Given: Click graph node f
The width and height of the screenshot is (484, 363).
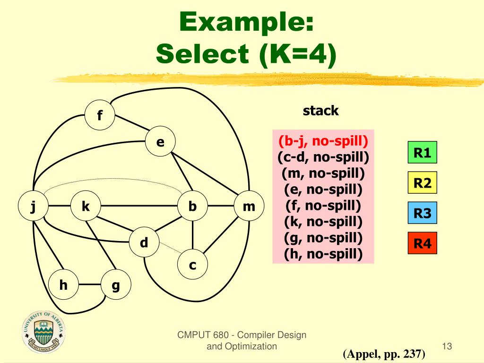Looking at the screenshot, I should pyautogui.click(x=100, y=115).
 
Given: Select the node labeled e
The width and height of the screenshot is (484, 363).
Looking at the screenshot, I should pyautogui.click(x=160, y=141).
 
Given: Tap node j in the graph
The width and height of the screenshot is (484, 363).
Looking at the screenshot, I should pyautogui.click(x=33, y=207).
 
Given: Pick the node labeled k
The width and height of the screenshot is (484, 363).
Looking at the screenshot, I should pyautogui.click(x=86, y=207).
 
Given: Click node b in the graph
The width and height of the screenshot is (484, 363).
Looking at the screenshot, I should pyautogui.click(x=192, y=207).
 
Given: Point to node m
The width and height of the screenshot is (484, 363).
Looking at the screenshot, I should pyautogui.click(x=249, y=207).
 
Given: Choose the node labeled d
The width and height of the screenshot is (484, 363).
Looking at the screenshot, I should pyautogui.click(x=144, y=243).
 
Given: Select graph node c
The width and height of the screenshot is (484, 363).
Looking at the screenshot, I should pyautogui.click(x=192, y=265).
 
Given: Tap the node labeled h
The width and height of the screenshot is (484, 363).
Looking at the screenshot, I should pyautogui.click(x=63, y=285).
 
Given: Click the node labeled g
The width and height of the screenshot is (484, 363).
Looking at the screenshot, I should pyautogui.click(x=116, y=285).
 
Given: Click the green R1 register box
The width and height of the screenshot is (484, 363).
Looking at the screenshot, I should pyautogui.click(x=423, y=153).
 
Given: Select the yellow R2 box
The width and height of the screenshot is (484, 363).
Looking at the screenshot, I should pyautogui.click(x=423, y=182).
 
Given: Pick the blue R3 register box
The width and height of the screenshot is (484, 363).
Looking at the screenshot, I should pyautogui.click(x=423, y=213).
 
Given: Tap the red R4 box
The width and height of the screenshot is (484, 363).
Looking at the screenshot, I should pyautogui.click(x=423, y=243).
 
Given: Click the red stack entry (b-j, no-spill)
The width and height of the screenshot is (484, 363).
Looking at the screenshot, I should pyautogui.click(x=323, y=141).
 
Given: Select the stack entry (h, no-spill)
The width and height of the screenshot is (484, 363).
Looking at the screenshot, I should pyautogui.click(x=323, y=254).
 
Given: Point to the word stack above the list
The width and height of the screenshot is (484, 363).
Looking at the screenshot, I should pyautogui.click(x=321, y=111).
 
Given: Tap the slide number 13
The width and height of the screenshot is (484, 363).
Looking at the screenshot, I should pyautogui.click(x=447, y=346).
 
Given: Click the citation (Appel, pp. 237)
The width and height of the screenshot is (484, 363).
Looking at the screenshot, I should pyautogui.click(x=384, y=354).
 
